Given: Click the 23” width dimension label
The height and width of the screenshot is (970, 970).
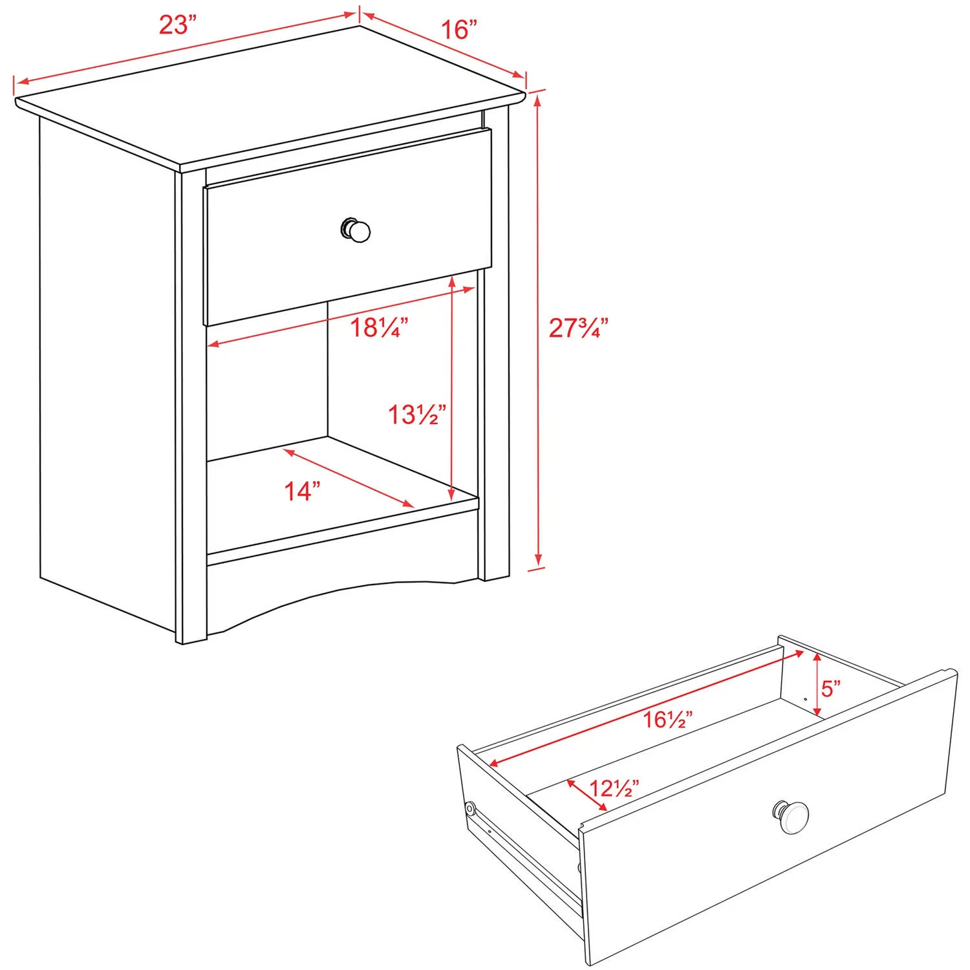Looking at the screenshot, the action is (177, 25).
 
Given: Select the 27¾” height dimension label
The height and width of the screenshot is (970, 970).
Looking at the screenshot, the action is (578, 328).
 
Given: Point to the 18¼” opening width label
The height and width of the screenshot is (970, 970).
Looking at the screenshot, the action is (379, 328).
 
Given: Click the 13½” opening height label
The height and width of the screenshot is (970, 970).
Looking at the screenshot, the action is (417, 415).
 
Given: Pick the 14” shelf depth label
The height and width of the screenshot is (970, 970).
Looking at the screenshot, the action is (303, 491).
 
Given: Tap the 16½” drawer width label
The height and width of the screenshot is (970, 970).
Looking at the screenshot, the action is (668, 719).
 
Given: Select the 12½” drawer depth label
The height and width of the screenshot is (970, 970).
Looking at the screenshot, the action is (614, 788).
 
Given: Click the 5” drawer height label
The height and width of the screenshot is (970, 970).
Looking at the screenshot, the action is (831, 689).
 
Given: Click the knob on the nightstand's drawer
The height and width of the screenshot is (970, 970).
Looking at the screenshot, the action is (356, 230).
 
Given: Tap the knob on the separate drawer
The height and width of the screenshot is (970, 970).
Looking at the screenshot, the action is (792, 817).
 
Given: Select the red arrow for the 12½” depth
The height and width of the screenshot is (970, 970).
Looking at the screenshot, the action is (587, 795).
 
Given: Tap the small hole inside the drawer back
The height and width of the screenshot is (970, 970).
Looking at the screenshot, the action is (805, 698).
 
